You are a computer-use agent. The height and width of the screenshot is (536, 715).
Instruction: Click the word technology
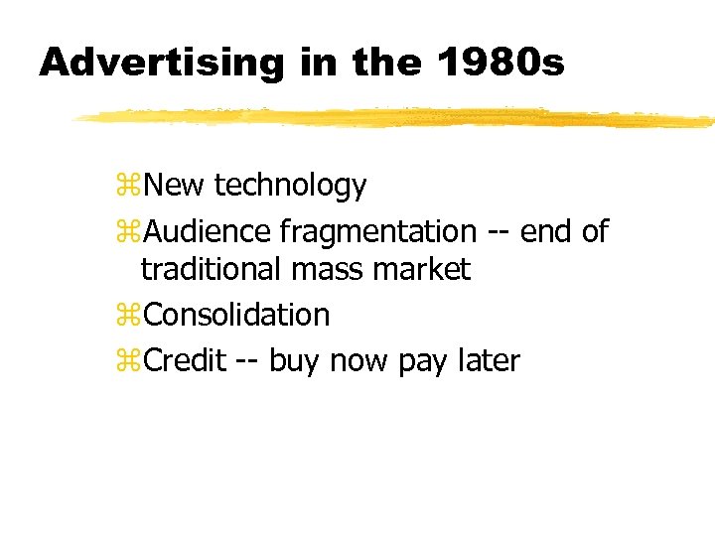[x=290, y=186]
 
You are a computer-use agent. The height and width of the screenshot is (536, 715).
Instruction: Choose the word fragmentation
[x=377, y=232]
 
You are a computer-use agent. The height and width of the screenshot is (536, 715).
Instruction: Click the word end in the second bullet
[x=545, y=232]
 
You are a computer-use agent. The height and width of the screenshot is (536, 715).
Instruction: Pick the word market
[x=420, y=268]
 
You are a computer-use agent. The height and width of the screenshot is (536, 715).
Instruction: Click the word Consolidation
[x=236, y=315]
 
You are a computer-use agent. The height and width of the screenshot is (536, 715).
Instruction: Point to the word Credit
[x=185, y=360]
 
